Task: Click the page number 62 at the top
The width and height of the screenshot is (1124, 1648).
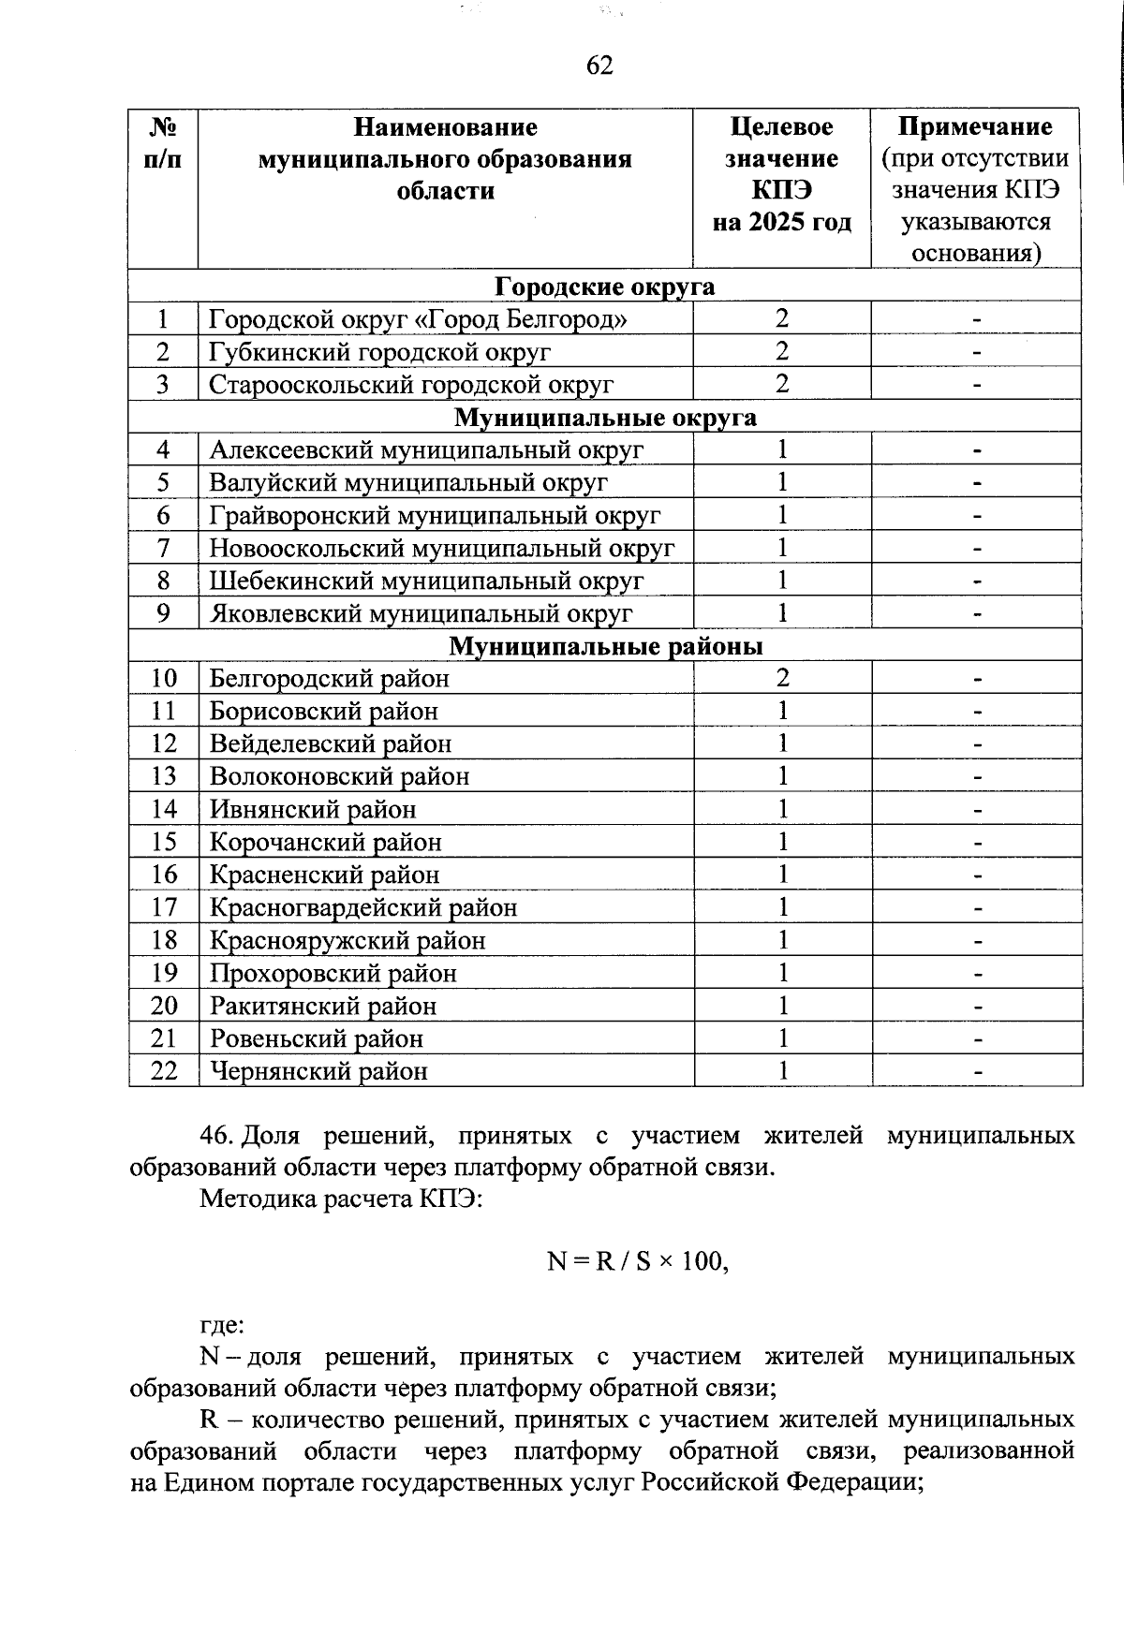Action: [x=599, y=66]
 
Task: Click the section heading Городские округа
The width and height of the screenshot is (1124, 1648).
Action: [x=604, y=286]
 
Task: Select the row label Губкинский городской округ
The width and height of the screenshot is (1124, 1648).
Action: [x=379, y=352]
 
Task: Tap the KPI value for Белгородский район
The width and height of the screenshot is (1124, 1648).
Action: [x=782, y=678]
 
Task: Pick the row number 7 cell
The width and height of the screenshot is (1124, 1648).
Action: [x=164, y=548]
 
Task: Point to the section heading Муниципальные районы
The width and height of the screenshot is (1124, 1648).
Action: [x=605, y=646]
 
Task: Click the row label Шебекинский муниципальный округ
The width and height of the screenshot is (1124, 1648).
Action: [x=426, y=581]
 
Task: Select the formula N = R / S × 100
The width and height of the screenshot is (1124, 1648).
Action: [x=637, y=1261]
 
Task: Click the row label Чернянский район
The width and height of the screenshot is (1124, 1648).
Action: [x=318, y=1070]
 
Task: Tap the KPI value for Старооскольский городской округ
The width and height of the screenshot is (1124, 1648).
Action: [x=782, y=384]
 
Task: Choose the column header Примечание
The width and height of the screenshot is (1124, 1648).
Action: [x=975, y=126]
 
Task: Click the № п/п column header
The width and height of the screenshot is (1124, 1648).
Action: [x=164, y=142]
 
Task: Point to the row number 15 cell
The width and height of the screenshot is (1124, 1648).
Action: [x=164, y=842]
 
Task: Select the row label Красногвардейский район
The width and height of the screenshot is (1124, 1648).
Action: [x=363, y=907]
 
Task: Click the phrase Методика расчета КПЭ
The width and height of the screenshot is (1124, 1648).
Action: [x=341, y=1199]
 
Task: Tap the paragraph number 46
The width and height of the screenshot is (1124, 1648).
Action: [x=215, y=1136]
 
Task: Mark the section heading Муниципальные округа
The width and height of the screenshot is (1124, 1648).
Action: [x=605, y=417]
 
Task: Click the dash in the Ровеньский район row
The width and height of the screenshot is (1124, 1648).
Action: [x=977, y=1039]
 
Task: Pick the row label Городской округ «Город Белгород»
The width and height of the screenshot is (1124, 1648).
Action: [x=418, y=319]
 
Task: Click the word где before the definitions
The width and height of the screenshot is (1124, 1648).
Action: [x=222, y=1325]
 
